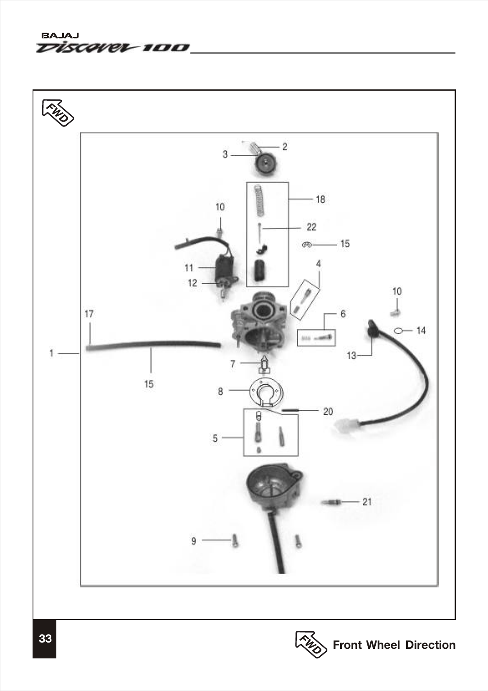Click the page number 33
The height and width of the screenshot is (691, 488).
[x=45, y=638]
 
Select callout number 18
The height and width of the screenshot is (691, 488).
[x=320, y=199]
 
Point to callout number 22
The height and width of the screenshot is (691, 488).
[x=311, y=227]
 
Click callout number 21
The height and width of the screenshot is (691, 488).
[x=367, y=501]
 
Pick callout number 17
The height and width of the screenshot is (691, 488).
[x=89, y=313]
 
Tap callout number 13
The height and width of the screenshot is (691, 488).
[x=351, y=356]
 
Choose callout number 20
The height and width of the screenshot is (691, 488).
[x=328, y=412]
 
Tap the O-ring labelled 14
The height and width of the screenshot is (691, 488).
[x=399, y=331]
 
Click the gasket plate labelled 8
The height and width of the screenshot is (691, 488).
[x=265, y=391]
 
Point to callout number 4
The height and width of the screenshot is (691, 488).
[x=319, y=264]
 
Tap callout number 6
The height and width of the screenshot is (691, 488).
[x=343, y=314]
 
